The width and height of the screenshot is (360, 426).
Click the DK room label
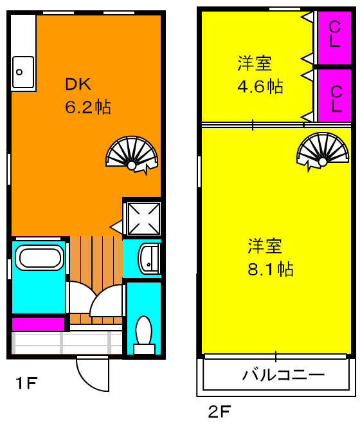[78, 84]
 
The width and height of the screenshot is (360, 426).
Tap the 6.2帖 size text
[87, 107]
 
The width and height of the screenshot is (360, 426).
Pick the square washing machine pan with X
[142, 218]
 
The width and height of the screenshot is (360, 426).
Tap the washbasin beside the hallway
[149, 259]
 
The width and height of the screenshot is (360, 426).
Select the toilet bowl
[143, 332]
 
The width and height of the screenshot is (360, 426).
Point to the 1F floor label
[27, 384]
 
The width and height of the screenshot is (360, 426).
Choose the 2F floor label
[219, 411]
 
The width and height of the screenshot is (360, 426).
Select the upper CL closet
[335, 37]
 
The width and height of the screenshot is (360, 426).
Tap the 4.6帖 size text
[260, 86]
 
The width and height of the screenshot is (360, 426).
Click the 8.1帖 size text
[271, 268]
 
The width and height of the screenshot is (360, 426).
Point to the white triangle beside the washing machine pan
[116, 227]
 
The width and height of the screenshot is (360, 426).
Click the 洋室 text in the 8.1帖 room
[265, 245]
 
